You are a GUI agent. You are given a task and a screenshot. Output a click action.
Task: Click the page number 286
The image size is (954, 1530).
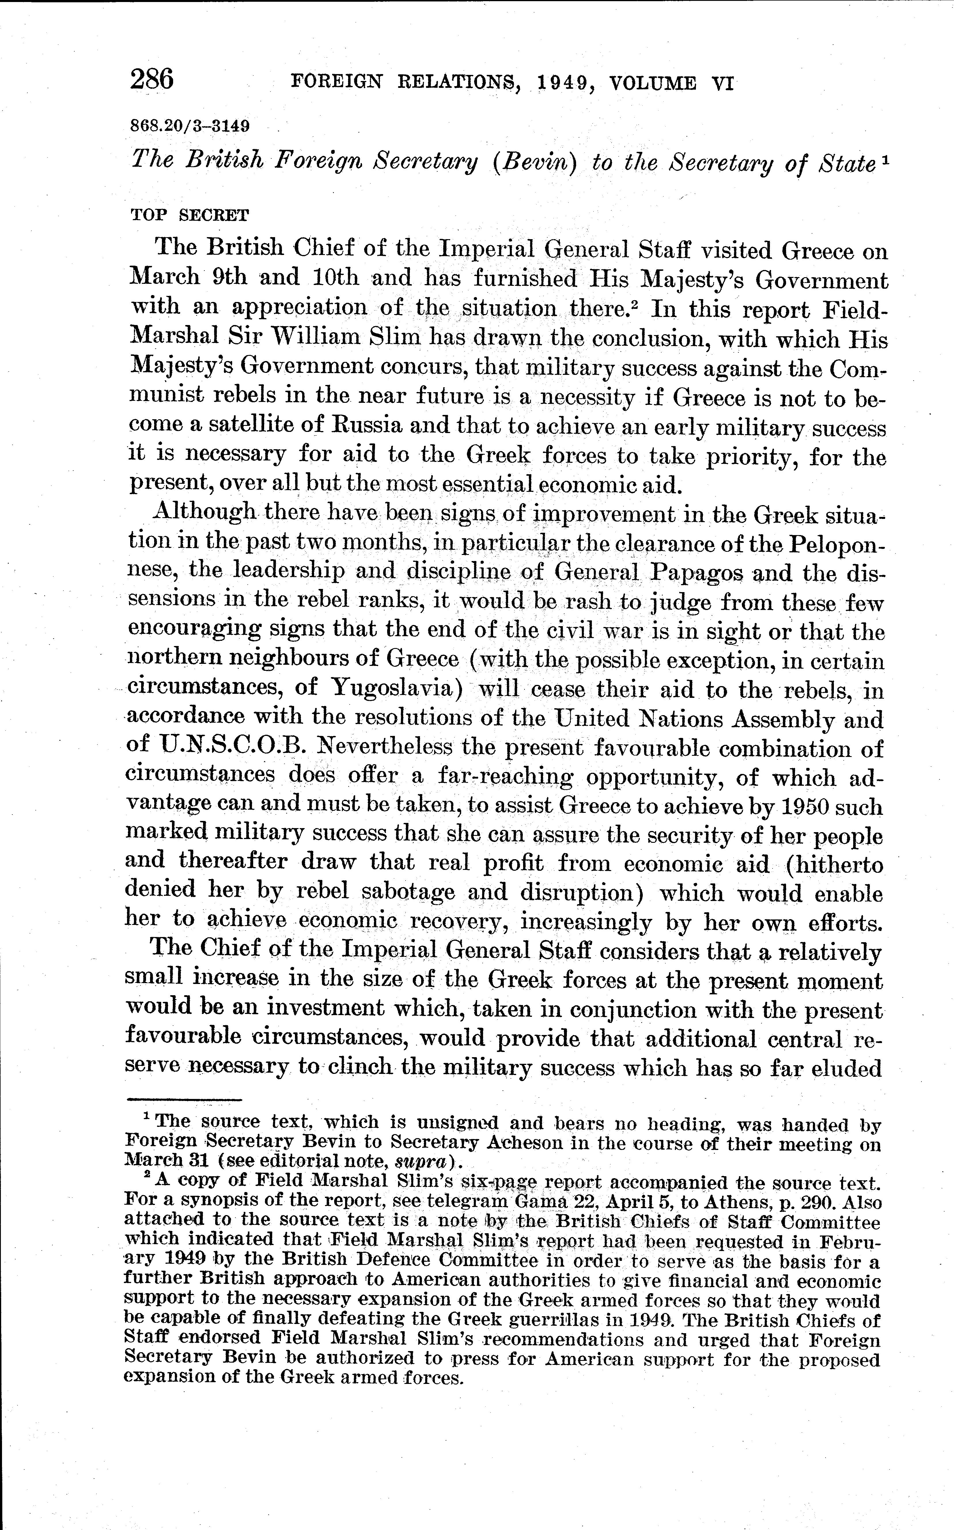click(x=152, y=80)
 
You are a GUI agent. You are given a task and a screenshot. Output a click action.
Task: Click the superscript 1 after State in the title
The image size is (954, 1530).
click(x=886, y=160)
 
